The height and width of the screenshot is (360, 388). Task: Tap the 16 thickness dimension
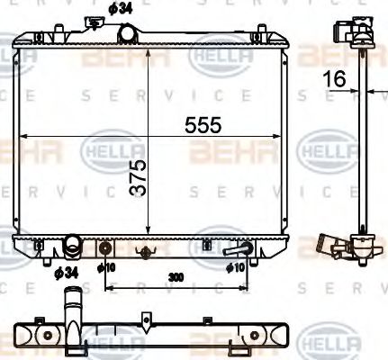(336, 79)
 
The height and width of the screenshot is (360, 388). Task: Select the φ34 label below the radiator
(65, 272)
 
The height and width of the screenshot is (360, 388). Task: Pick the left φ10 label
(106, 267)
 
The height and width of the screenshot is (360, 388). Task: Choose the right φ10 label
(236, 267)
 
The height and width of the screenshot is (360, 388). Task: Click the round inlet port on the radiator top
(128, 32)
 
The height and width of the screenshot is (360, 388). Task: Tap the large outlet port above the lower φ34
(72, 245)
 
